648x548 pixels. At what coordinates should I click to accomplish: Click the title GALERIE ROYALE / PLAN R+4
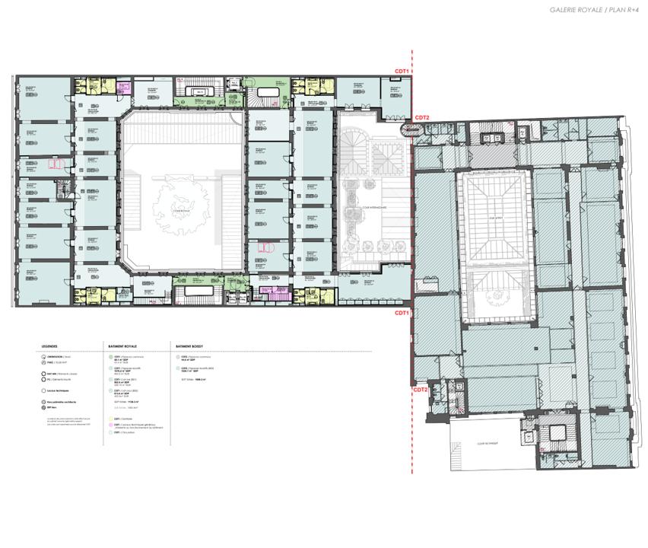click(592, 10)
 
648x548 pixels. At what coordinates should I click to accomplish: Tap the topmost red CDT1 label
click(402, 71)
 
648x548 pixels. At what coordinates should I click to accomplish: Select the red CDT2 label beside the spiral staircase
click(422, 118)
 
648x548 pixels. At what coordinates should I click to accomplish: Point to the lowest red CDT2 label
click(420, 389)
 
